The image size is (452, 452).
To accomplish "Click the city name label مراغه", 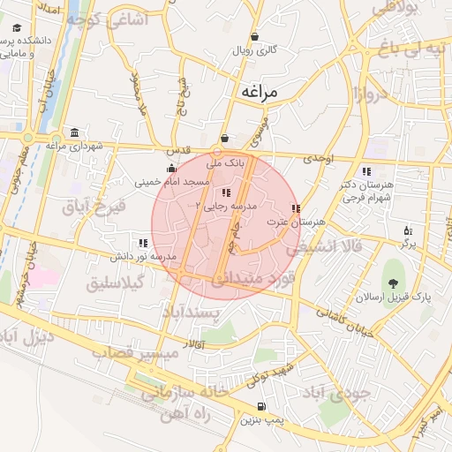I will pyautogui.click(x=259, y=91).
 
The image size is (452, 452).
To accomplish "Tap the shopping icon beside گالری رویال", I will pyautogui.click(x=255, y=37).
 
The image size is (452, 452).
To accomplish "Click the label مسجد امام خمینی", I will pyautogui.click(x=172, y=182).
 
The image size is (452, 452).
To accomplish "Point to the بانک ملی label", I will pyautogui.click(x=224, y=163).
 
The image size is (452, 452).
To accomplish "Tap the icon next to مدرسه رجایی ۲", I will pyautogui.click(x=227, y=192).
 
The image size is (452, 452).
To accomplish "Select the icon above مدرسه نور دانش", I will pyautogui.click(x=143, y=242).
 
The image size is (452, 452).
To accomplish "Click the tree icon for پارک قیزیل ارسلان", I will pyautogui.click(x=393, y=283).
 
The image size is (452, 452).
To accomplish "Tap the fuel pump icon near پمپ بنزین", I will pyautogui.click(x=261, y=407).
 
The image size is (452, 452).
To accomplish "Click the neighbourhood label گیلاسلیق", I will pyautogui.click(x=117, y=283).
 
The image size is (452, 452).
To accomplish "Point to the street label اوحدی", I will pyautogui.click(x=319, y=158).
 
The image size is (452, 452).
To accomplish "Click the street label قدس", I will pyautogui.click(x=180, y=150).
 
